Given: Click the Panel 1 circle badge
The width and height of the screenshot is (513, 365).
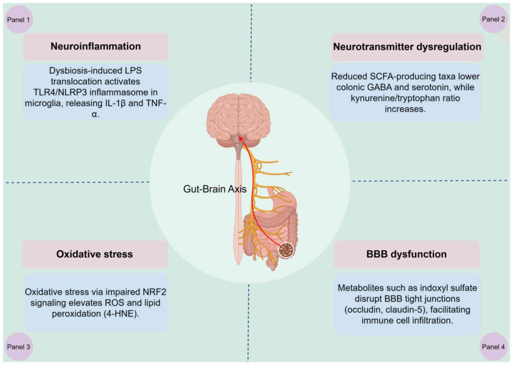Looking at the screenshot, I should [19, 19].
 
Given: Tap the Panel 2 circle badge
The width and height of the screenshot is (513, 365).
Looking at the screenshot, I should [493, 19].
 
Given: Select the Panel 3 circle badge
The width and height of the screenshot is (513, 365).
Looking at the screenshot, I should [19, 347].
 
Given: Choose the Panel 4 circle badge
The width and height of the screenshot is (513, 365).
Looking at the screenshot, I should [493, 347].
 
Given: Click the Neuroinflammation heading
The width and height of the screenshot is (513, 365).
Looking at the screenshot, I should [96, 47].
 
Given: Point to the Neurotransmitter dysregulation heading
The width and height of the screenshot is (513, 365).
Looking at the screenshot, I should [407, 47].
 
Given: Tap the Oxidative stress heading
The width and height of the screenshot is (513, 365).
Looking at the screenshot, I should [94, 254].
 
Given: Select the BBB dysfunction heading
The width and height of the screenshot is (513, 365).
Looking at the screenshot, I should [406, 254].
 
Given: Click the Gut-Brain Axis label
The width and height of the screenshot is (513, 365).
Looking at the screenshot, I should [215, 189].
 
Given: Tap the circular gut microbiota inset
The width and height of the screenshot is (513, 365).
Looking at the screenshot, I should [286, 250].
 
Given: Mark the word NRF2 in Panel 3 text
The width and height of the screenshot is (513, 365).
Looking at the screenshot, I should [154, 292].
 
